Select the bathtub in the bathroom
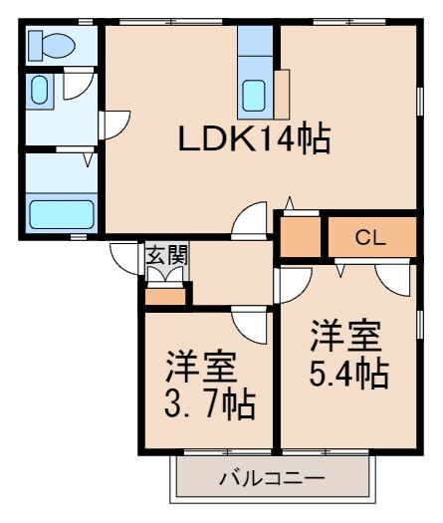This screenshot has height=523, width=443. click(61, 213)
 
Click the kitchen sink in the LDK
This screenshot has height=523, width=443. click(255, 97)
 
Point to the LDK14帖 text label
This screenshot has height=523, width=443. click(254, 140)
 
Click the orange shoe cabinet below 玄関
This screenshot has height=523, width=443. click(166, 294)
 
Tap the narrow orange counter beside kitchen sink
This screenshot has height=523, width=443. click(283, 95)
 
